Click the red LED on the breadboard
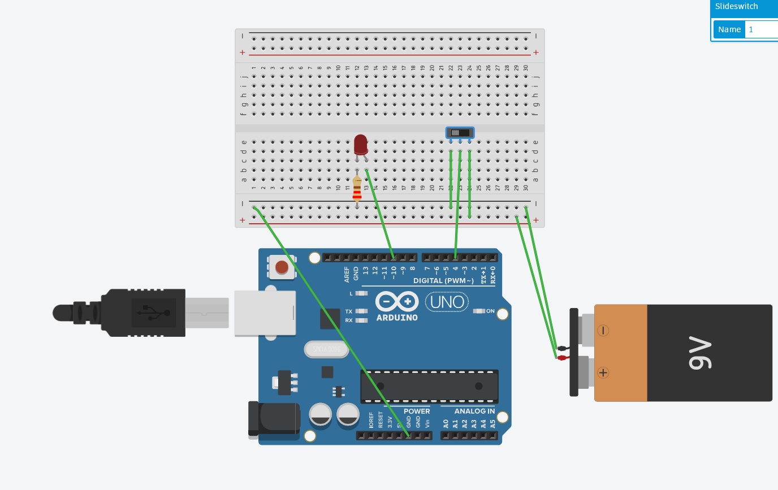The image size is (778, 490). [361, 144]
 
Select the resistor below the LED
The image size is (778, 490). [357, 188]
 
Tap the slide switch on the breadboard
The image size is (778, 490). [460, 133]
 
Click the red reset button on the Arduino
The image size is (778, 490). [282, 267]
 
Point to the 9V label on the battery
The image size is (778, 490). [699, 353]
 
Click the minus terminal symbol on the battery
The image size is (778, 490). [603, 331]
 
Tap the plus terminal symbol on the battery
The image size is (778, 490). [603, 372]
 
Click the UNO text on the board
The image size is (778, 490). [447, 302]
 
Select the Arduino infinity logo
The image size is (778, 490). [397, 301]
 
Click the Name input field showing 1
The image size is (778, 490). [761, 29]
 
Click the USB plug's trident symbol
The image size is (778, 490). [154, 313]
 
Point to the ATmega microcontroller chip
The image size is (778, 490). [429, 386]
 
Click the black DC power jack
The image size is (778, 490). [274, 420]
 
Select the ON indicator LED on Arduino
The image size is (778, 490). [479, 311]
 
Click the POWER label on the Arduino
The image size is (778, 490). [417, 411]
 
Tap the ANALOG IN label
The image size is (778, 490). [474, 411]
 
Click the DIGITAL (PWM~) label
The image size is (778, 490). [443, 280]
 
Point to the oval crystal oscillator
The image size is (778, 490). [327, 349]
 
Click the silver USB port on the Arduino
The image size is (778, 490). [265, 313]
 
